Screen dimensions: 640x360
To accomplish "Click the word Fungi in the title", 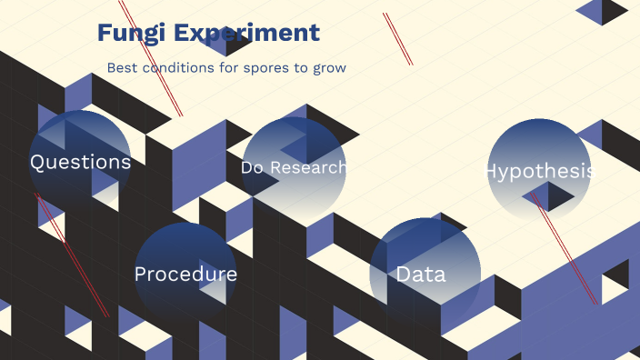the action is coord(132,34).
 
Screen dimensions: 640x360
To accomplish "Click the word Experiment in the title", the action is coord(246,34).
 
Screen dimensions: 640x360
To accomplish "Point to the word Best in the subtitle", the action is coord(122,68).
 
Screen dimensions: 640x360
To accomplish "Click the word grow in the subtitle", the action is coord(329,68).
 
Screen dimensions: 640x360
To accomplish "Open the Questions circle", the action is coord(80,161).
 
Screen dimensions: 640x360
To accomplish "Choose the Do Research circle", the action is coord(294,168).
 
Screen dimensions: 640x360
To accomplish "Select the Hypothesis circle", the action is coord(539,170).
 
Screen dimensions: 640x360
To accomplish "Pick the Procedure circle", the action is coord(185,274).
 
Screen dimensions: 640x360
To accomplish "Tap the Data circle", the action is coord(425,273).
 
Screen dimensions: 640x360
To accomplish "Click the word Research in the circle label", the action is coord(308,168).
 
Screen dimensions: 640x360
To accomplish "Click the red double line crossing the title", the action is coord(151,58).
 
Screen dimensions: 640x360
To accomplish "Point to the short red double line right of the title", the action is coord(398,39).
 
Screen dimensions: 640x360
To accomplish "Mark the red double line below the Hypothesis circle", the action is coord(564,248).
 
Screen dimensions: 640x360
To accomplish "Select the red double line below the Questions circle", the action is coord(72,255).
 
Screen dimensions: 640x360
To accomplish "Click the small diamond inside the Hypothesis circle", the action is coord(548,196).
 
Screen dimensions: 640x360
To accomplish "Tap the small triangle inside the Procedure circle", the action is coord(213,282).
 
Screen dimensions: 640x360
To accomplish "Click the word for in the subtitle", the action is coord(228,68).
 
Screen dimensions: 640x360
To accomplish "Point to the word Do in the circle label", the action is coord(252,168).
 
